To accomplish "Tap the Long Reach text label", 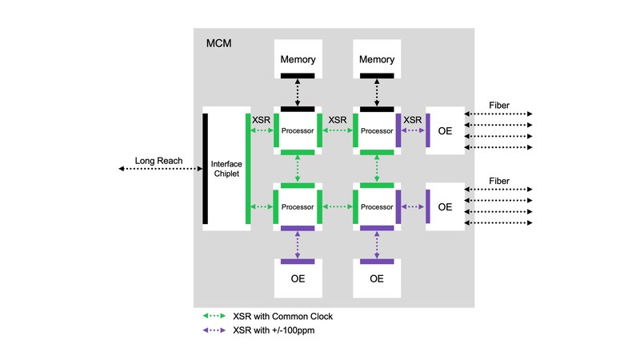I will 158,162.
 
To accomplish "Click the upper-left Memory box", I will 297,59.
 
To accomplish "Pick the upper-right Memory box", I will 377,59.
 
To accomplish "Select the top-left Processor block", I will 298,130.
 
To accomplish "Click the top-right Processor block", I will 377,130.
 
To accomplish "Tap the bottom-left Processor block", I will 298,206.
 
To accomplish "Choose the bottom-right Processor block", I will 377,206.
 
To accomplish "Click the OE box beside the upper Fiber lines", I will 446,130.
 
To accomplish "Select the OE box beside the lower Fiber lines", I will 446,206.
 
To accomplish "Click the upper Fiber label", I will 498,106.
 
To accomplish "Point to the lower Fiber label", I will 498,182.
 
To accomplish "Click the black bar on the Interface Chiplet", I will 206,169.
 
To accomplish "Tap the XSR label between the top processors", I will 338,120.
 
